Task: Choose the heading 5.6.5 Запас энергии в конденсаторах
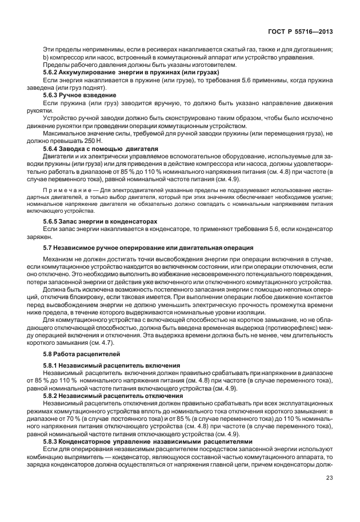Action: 100,221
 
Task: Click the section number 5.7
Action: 48,248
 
